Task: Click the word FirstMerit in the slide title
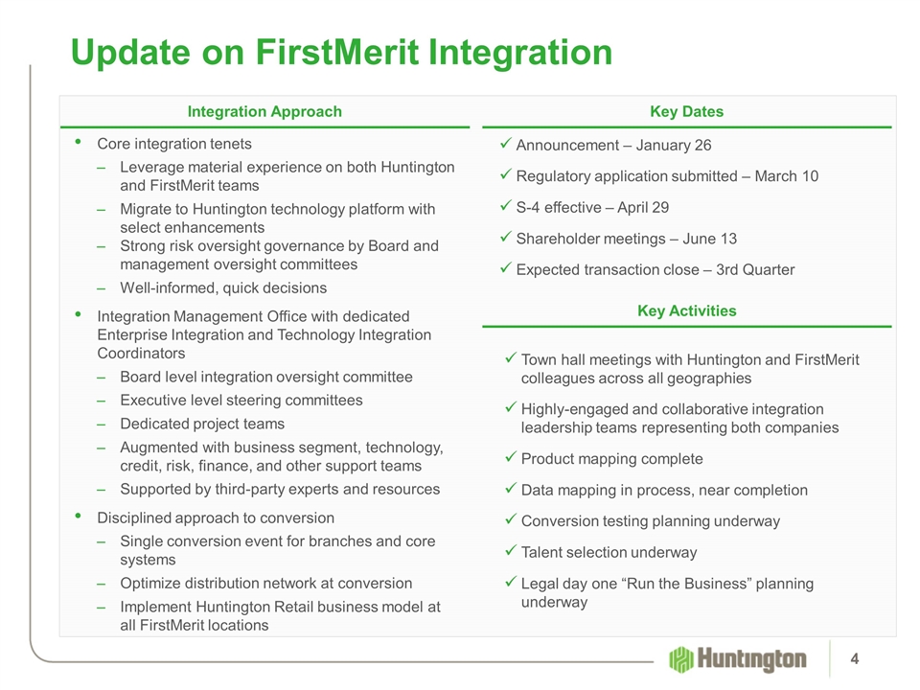(337, 52)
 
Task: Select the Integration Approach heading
(264, 111)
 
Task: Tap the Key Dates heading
(686, 111)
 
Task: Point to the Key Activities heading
(686, 310)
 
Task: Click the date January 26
(674, 145)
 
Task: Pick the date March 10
(786, 176)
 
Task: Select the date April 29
(643, 207)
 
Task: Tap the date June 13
(709, 239)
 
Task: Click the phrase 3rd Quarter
(755, 270)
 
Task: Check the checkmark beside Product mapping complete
(511, 456)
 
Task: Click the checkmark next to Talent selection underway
(511, 550)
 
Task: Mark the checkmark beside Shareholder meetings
(506, 237)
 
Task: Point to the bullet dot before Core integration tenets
(78, 142)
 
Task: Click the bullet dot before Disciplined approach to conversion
(78, 516)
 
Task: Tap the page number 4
(854, 659)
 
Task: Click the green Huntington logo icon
(681, 659)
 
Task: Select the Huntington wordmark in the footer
(751, 659)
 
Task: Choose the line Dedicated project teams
(202, 424)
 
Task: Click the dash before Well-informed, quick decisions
(102, 288)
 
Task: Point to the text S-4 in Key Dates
(527, 207)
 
